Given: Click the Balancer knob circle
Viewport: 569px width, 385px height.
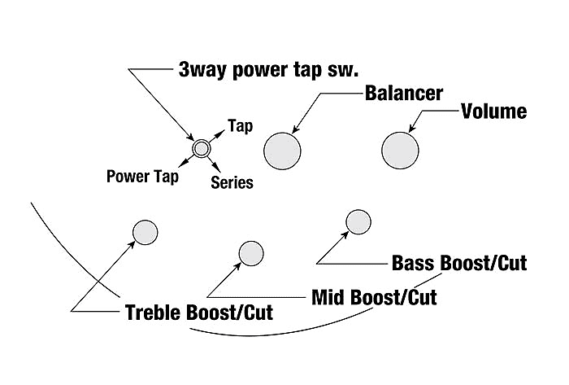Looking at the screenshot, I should tap(283, 150).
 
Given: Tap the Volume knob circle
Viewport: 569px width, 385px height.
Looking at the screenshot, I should tap(401, 150).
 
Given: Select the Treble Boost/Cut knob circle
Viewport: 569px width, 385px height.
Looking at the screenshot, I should tap(145, 232).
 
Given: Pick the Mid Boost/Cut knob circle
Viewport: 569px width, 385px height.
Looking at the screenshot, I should tap(250, 254).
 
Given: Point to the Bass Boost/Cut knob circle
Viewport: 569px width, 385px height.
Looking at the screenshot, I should tap(358, 221).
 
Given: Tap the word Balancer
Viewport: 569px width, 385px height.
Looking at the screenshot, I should tap(403, 93).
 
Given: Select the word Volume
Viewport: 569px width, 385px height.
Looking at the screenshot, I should tap(494, 111).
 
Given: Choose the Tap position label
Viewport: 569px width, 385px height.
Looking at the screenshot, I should tap(240, 126).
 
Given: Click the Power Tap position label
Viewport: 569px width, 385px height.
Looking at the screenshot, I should tap(143, 176).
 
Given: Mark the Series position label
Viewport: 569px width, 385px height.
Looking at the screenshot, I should tap(232, 182).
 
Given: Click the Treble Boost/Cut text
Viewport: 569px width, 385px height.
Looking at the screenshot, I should tap(198, 313).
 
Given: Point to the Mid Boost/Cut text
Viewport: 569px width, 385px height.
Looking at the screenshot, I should tap(374, 297).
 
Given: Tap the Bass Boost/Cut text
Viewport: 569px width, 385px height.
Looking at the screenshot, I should tap(459, 263).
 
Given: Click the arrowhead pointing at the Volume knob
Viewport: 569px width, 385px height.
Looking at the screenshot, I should tap(412, 129).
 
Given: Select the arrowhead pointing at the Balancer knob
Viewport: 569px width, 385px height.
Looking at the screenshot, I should tap(294, 129).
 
